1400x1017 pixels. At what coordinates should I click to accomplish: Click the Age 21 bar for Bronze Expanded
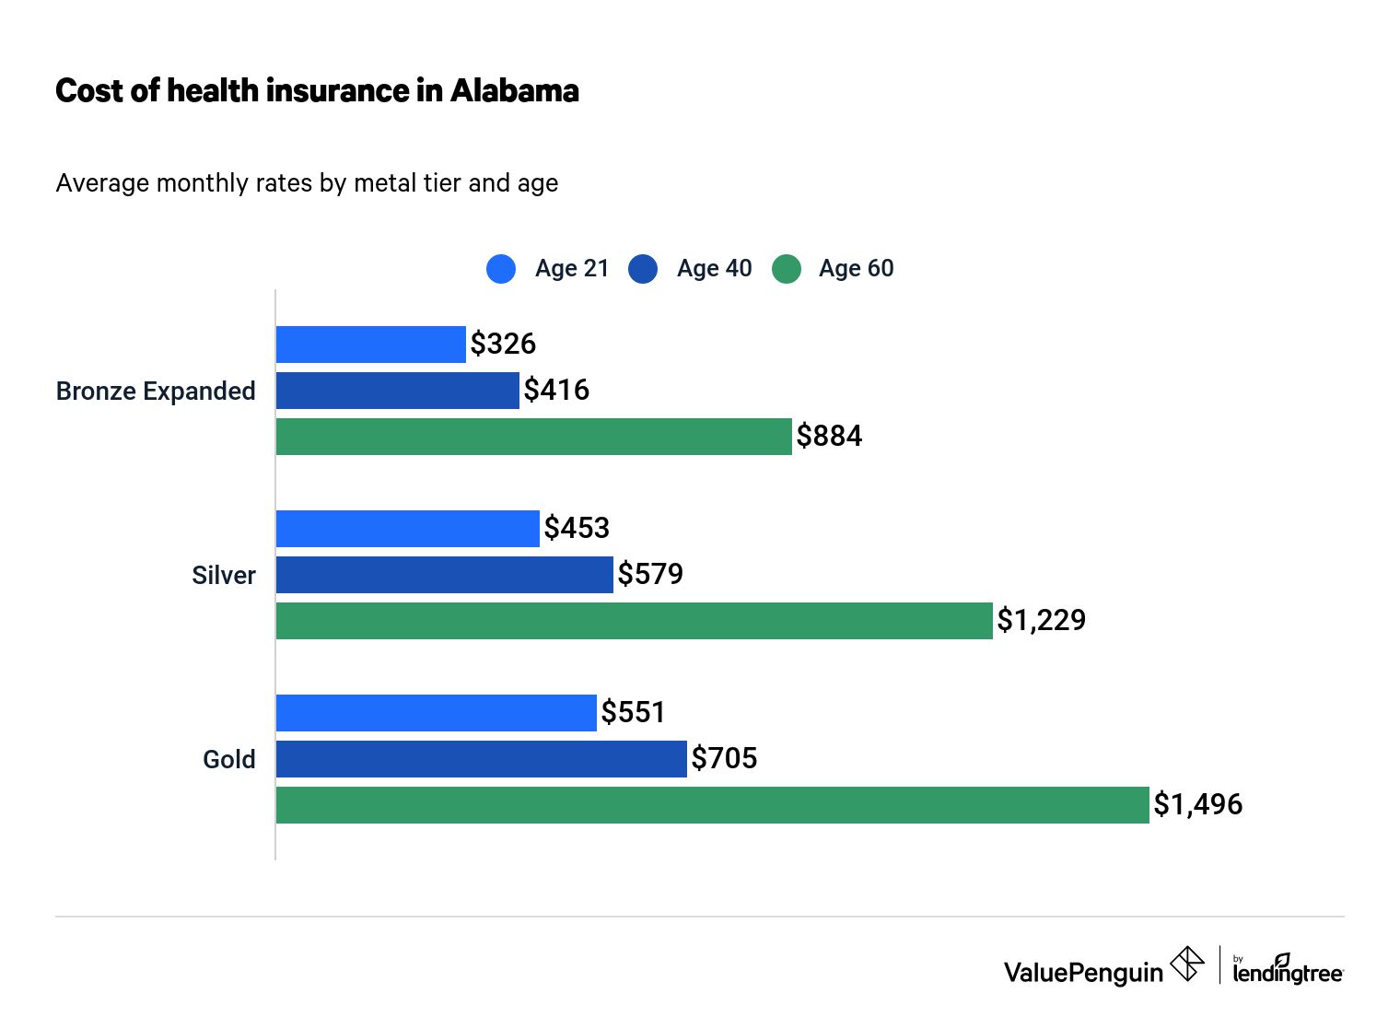(x=370, y=345)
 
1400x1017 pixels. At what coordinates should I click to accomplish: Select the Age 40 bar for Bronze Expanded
(x=397, y=391)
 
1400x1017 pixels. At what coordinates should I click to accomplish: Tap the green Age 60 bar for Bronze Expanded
(x=533, y=437)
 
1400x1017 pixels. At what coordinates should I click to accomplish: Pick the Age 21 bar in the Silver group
(x=407, y=529)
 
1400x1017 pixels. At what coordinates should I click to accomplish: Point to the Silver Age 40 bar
(x=444, y=575)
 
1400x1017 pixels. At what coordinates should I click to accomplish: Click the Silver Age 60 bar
(x=634, y=621)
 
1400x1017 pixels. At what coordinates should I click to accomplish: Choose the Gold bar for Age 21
(x=436, y=713)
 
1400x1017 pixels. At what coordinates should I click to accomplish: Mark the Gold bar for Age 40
(x=481, y=759)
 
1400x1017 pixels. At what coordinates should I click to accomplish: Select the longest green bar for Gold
(x=712, y=805)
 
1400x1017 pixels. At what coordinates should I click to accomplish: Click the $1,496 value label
(x=1197, y=805)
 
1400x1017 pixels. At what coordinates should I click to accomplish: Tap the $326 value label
(x=503, y=345)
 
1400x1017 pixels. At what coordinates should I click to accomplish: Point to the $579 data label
(x=650, y=575)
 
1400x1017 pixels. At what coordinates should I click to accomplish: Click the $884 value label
(x=829, y=437)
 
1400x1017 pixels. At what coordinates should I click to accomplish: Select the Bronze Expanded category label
(x=156, y=392)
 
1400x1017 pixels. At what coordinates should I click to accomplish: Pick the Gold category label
(x=229, y=760)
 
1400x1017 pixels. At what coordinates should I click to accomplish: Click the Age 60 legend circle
(x=787, y=269)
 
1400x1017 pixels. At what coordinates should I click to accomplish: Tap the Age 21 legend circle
(x=501, y=269)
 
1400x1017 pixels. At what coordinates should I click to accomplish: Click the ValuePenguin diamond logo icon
(x=1187, y=964)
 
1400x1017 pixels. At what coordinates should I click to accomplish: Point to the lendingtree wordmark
(x=1288, y=973)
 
